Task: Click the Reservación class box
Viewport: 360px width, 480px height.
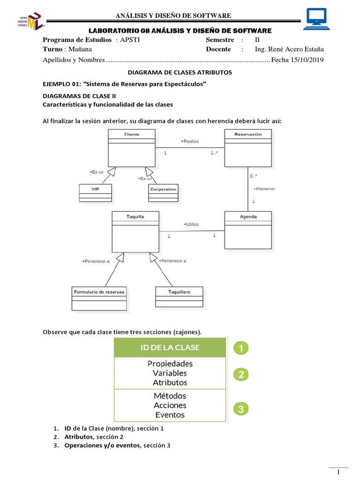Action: point(248,148)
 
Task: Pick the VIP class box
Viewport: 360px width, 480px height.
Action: point(95,193)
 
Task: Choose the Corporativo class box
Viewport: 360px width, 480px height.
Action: point(163,193)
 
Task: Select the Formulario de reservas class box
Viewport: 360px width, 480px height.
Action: point(99,298)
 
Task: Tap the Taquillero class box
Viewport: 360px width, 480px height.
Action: point(179,298)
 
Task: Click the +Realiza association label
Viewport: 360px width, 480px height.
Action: point(190,141)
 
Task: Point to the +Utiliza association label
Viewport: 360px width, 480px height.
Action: point(191,225)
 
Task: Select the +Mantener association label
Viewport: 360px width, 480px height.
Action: point(264,189)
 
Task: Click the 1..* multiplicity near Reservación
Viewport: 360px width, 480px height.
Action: point(214,153)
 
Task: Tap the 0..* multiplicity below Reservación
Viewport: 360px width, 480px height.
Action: point(253,176)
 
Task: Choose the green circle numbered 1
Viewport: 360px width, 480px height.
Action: point(240,348)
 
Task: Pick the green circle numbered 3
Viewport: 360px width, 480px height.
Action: point(240,409)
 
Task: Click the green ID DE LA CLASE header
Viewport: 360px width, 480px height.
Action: point(169,347)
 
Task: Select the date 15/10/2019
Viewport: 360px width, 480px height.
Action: point(307,60)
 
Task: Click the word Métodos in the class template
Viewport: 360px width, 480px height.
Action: point(170,396)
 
